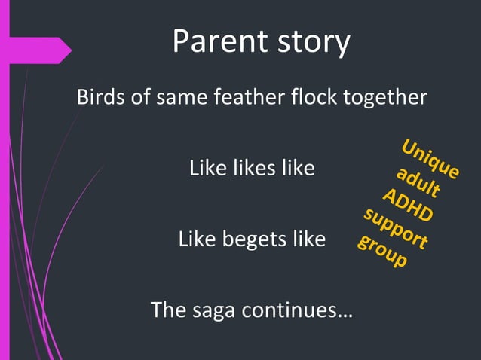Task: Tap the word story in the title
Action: pos(311,43)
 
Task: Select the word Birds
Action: pos(99,98)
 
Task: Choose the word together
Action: pos(391,99)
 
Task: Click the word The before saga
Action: pos(167,310)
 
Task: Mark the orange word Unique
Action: pos(429,159)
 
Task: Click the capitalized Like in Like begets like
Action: pos(195,240)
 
